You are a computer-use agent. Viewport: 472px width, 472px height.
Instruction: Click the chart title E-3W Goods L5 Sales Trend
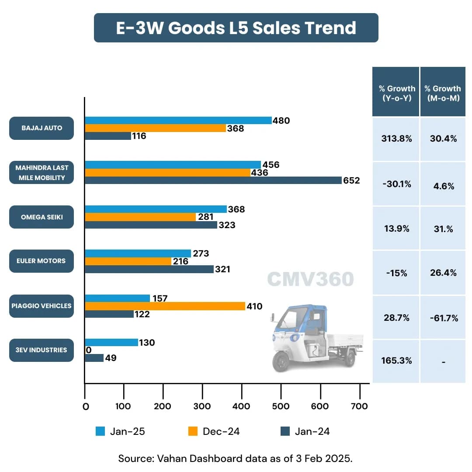point(236,28)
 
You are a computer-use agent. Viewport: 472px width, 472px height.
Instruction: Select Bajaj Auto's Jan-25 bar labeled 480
point(178,121)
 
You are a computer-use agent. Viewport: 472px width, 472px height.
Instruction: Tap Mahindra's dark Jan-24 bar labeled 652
point(213,180)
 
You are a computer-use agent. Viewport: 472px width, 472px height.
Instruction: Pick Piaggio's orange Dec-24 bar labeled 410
point(165,306)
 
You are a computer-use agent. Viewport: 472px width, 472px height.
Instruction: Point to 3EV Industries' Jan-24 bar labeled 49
point(94,358)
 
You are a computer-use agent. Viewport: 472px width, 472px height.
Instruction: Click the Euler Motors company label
point(42,261)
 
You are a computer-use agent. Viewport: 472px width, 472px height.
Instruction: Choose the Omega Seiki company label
point(42,217)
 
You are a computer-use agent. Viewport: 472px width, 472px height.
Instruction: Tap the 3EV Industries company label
point(42,350)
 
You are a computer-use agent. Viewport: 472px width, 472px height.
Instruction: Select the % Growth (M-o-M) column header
point(443,93)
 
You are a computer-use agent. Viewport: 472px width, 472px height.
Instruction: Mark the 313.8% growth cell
point(396,139)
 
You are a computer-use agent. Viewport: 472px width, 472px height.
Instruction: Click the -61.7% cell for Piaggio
point(443,318)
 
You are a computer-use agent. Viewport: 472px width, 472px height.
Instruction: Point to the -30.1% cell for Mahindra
point(396,184)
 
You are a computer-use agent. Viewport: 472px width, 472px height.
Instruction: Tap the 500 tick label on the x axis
point(281,406)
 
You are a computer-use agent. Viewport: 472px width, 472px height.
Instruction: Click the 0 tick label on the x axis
point(86,406)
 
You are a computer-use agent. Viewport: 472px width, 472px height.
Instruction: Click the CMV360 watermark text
point(310,279)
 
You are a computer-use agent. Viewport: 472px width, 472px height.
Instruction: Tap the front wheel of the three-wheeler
point(281,361)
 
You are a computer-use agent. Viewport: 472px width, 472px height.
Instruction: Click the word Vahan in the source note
point(165,458)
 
